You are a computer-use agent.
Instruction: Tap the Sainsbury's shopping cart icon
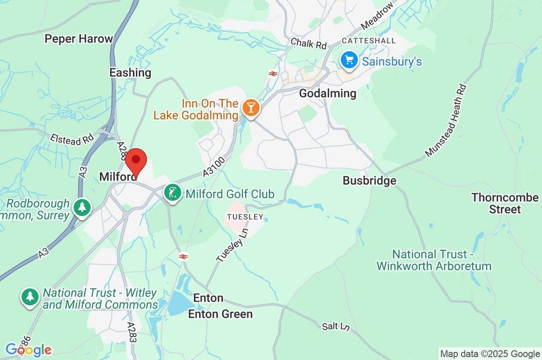click(x=349, y=60)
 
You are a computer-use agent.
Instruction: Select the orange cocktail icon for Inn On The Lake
click(x=250, y=108)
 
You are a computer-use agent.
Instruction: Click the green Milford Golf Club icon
click(x=172, y=194)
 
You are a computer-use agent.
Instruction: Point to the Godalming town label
click(x=328, y=93)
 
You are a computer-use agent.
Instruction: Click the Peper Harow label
click(x=79, y=39)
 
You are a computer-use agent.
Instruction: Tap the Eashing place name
click(x=130, y=73)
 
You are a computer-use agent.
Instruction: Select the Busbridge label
click(x=369, y=181)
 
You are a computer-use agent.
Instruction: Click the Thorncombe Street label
click(x=497, y=203)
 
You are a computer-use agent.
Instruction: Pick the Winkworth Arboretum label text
click(x=434, y=260)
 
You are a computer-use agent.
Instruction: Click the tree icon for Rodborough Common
click(x=82, y=207)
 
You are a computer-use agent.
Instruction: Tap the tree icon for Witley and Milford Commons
click(x=30, y=298)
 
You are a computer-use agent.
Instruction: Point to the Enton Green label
click(x=221, y=314)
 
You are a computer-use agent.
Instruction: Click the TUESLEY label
click(x=245, y=217)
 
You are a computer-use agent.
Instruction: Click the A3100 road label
click(x=214, y=166)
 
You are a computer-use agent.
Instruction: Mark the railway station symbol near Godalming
click(x=273, y=74)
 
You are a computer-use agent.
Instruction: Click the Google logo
click(x=28, y=350)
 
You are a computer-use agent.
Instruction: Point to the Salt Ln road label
click(x=336, y=326)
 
